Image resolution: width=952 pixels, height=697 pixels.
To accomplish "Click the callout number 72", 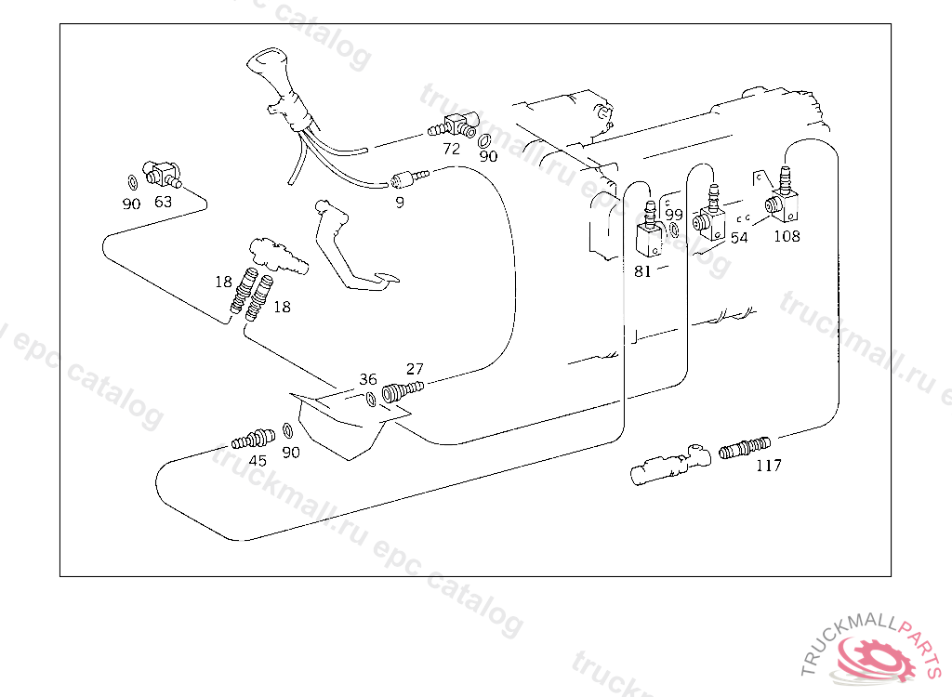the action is tap(451, 149).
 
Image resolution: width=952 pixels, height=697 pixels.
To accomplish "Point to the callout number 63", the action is tap(163, 202).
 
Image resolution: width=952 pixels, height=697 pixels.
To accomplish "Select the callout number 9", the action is tap(400, 203).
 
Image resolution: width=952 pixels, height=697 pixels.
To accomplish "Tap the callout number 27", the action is tap(415, 369).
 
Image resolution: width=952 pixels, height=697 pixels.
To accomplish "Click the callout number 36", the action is tap(368, 379).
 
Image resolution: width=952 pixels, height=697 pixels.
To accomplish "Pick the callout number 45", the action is tap(258, 461).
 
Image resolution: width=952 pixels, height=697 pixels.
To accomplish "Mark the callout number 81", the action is tap(642, 271).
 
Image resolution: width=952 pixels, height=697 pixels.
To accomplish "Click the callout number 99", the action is tap(674, 215).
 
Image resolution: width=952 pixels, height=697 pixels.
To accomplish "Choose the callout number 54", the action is tap(739, 238).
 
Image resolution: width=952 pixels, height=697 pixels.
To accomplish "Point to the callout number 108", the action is tap(787, 236).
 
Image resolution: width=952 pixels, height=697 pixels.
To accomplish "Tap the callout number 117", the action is tap(769, 466).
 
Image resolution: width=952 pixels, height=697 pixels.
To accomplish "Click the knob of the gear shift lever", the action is tap(264, 68).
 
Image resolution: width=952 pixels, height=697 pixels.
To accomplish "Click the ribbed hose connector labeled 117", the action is tap(745, 449).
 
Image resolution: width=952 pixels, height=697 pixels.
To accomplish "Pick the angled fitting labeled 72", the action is tap(453, 125).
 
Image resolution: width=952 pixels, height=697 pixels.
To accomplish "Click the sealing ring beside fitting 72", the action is tap(483, 141).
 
